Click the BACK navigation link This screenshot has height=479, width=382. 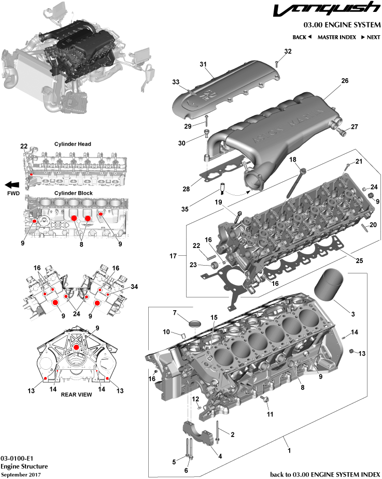click(x=302, y=37)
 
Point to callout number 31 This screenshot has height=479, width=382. click(x=203, y=64)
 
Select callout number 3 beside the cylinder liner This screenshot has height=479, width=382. click(x=352, y=314)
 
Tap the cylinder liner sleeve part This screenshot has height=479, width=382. click(x=327, y=285)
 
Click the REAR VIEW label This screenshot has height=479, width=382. click(x=76, y=394)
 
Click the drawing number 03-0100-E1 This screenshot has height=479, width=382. click(x=17, y=458)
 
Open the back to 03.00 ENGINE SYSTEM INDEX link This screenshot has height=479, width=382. click(x=325, y=474)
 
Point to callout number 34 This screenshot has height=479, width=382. click(x=135, y=286)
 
